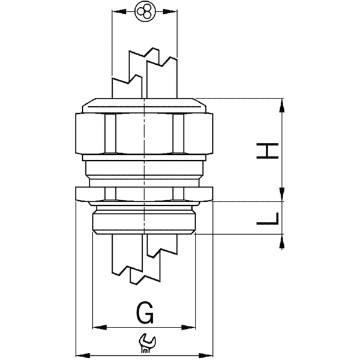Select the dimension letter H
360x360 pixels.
click(268, 151)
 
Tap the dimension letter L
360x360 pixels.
click(267, 220)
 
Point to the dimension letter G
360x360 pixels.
click(145, 313)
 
